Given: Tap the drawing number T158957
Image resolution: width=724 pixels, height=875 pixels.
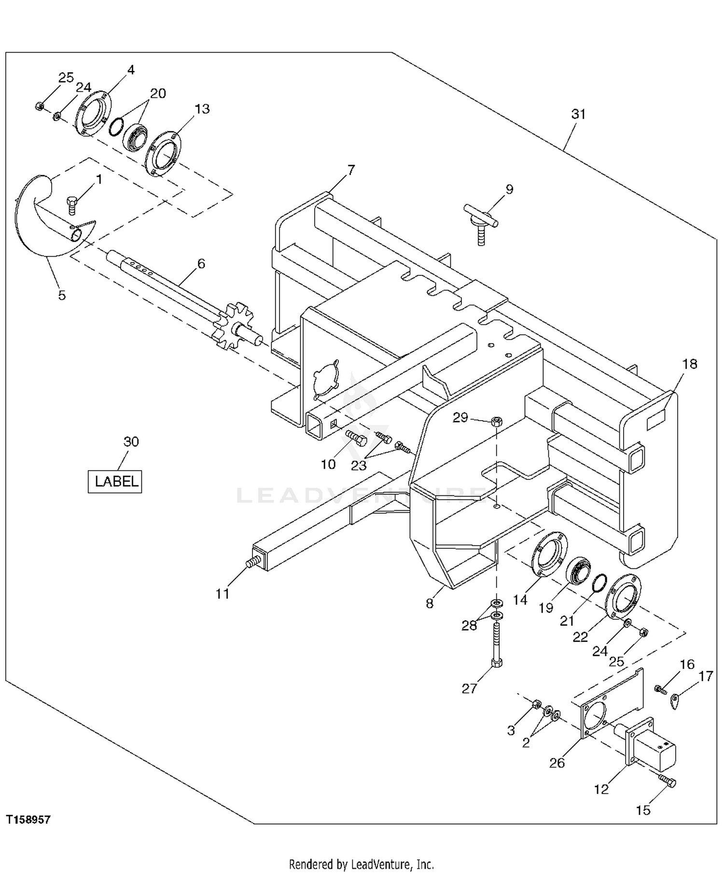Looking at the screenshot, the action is tap(28, 820).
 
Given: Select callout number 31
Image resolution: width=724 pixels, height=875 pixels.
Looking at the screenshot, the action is tap(578, 114).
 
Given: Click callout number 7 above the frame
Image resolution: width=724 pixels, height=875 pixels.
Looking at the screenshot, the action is tap(351, 170).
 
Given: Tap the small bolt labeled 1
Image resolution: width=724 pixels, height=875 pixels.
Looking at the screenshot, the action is tap(72, 205).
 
